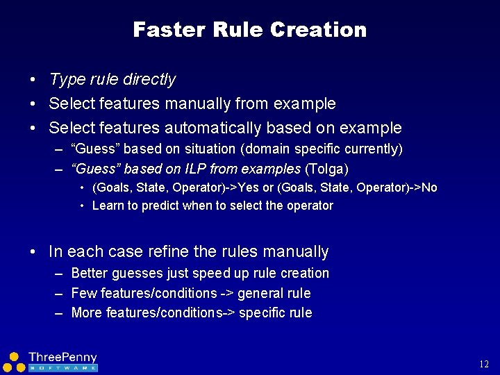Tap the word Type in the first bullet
67,80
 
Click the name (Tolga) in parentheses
326,169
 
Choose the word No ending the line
430,187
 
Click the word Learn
108,206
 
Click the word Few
83,293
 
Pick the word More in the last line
87,313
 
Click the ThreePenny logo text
62,358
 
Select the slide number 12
484,365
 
